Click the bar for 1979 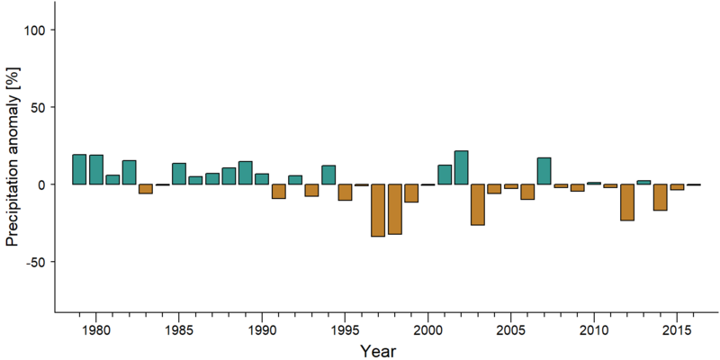tap(79, 169)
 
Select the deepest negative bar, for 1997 tap(378, 211)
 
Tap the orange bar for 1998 tap(395, 210)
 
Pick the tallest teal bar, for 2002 tap(461, 167)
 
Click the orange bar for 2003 tap(478, 205)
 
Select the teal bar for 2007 tap(544, 171)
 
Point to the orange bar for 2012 tap(627, 202)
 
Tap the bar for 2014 tap(661, 197)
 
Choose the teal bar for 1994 tap(328, 175)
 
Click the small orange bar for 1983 tap(146, 189)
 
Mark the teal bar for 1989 tap(245, 173)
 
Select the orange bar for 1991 tap(279, 192)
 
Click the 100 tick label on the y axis tap(33, 30)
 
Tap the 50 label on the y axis tap(36, 107)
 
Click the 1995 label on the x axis tap(345, 330)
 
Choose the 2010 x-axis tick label tap(594, 330)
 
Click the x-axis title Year tap(377, 351)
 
